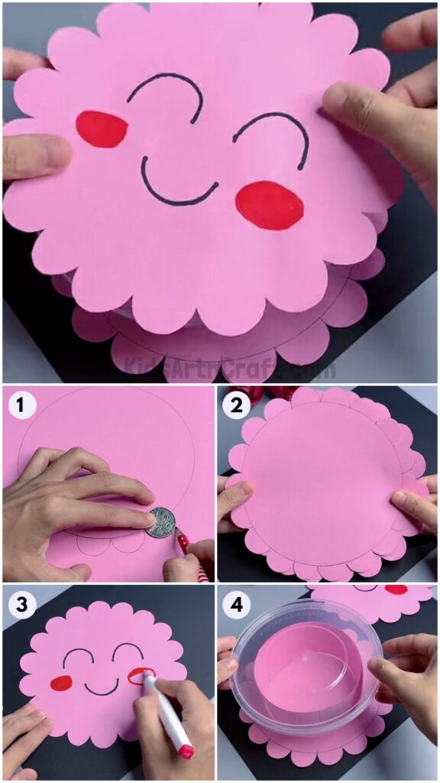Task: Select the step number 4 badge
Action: pyautogui.click(x=237, y=606)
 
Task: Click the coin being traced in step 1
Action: pyautogui.click(x=160, y=522)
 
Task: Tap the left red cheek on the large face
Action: pyautogui.click(x=102, y=128)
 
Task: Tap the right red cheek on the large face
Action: pyautogui.click(x=269, y=205)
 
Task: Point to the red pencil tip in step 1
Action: pyautogui.click(x=180, y=538)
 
